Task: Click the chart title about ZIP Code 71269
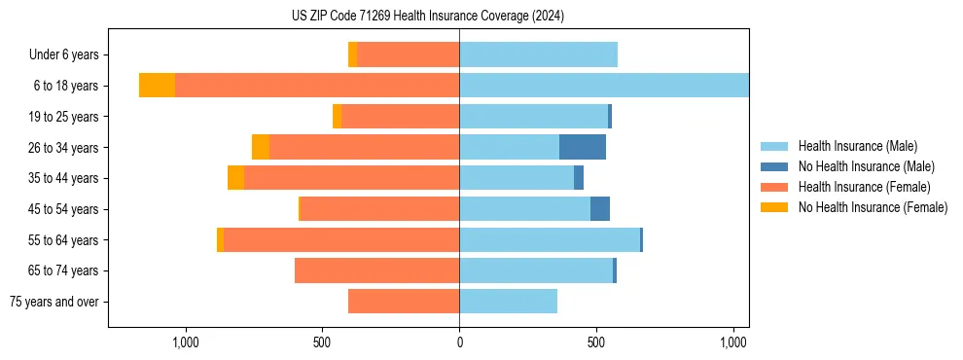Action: (427, 16)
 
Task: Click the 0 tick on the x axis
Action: (459, 342)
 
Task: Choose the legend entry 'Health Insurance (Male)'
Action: (857, 146)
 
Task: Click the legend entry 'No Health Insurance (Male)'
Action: (866, 166)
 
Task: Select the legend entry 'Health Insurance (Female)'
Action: (864, 187)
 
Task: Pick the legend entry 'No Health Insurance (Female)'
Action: (873, 207)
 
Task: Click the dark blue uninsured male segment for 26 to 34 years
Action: (583, 147)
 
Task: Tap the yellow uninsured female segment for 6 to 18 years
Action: (157, 86)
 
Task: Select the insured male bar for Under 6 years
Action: (538, 54)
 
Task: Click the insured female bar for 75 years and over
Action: (404, 302)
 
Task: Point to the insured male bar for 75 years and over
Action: (508, 302)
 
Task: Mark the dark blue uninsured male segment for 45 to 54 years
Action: (600, 209)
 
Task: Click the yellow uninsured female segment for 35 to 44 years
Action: (235, 178)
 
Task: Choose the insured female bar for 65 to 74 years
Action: (376, 270)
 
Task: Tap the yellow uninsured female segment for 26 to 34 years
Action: (261, 147)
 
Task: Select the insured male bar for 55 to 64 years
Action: (550, 239)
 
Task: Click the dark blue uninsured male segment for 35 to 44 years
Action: (579, 178)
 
